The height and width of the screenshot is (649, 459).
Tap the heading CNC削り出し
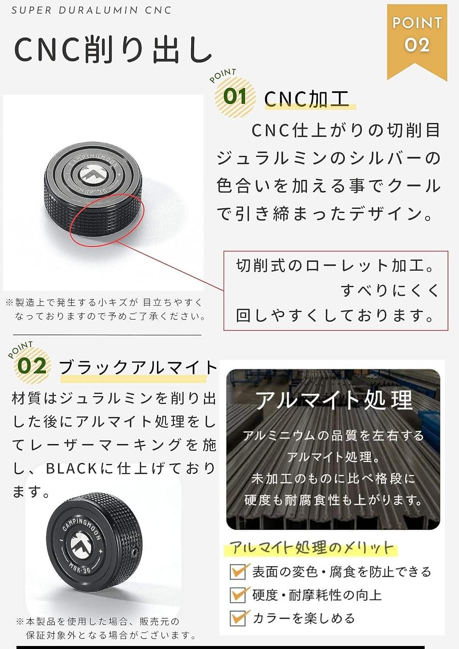click(x=113, y=50)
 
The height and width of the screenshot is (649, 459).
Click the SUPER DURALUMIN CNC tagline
click(x=91, y=10)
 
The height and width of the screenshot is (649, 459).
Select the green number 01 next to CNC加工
click(x=235, y=96)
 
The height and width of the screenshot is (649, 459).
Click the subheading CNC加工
click(x=307, y=99)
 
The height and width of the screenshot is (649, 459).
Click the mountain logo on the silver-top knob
click(x=93, y=174)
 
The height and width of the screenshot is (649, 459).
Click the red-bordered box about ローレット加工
click(x=336, y=291)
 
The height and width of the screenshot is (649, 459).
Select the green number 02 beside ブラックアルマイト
click(x=32, y=366)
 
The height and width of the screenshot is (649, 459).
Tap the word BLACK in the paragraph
click(x=71, y=468)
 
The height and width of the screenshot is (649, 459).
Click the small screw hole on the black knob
click(x=134, y=553)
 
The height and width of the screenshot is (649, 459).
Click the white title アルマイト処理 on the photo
click(x=334, y=400)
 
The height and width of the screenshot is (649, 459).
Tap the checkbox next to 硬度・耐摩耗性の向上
click(x=239, y=595)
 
